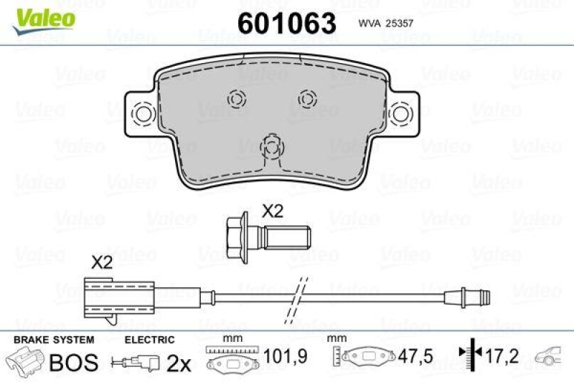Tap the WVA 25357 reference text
pos(384,23)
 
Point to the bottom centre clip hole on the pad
pos(271,148)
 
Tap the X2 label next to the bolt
pos(273,211)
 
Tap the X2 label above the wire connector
pos(103,263)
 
